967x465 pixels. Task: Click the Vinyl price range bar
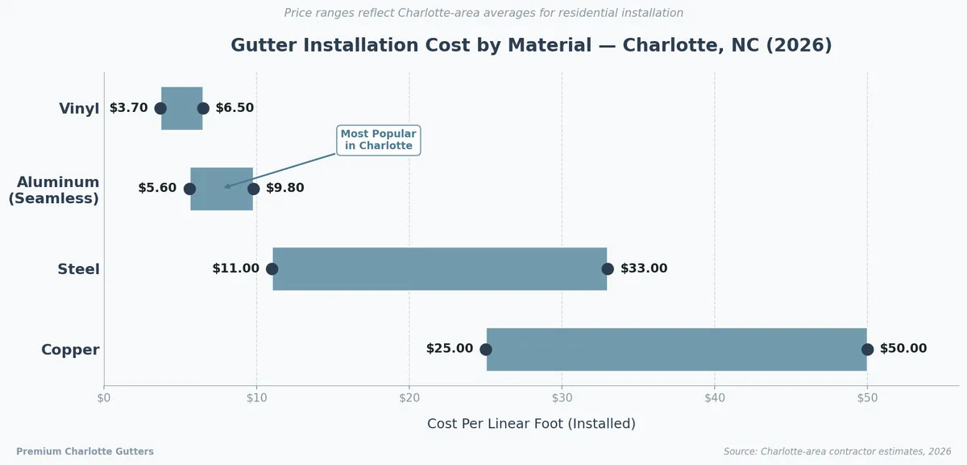point(182,108)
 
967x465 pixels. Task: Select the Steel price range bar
point(439,269)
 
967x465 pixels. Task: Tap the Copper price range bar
point(676,350)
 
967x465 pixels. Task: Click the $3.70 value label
point(129,108)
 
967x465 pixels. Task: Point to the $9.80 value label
point(286,189)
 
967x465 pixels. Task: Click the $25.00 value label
point(450,349)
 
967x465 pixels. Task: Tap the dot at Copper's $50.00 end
point(867,350)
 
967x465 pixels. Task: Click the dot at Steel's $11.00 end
point(272,269)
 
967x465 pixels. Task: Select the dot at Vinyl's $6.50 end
point(203,108)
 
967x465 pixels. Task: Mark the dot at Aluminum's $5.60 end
point(189,189)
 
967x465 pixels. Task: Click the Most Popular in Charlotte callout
point(379,140)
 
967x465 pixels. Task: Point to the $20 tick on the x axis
point(409,397)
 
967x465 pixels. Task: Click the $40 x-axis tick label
point(715,397)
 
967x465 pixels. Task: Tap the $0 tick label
point(104,397)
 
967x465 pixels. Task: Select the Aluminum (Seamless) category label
point(54,190)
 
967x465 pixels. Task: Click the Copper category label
point(70,350)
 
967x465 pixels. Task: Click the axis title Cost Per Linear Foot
point(531,424)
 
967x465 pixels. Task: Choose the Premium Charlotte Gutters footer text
point(85,452)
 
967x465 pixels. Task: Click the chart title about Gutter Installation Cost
point(531,45)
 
